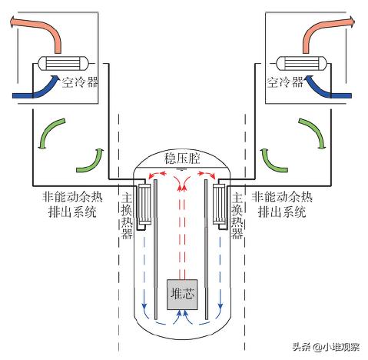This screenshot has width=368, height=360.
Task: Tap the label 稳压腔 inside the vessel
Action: [x=182, y=158]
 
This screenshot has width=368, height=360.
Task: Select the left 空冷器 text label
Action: [x=81, y=80]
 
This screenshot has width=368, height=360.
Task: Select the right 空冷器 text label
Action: [x=284, y=80]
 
